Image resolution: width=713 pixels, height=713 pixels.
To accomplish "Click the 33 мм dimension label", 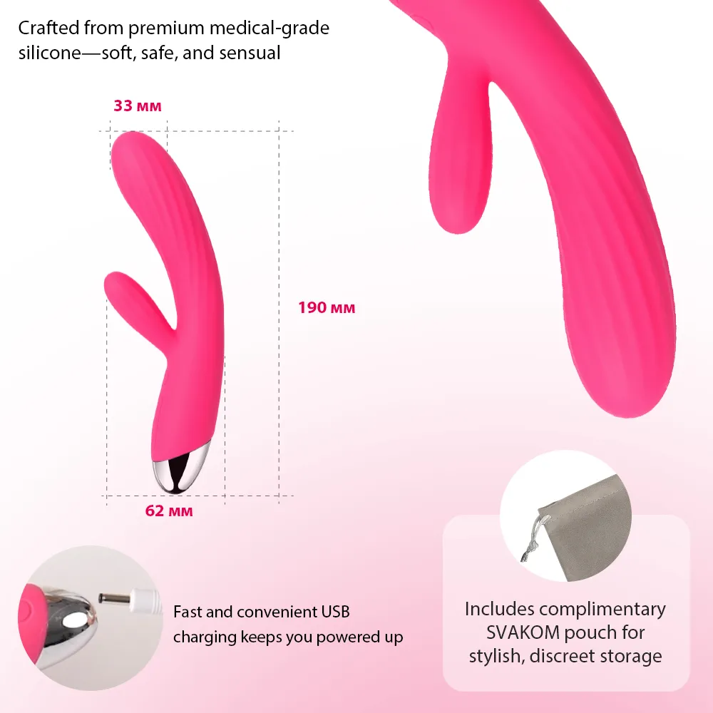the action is [x=138, y=106].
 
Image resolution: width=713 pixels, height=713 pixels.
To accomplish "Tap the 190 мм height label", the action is [x=327, y=308].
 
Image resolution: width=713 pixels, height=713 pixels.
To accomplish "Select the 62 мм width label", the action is [x=169, y=511].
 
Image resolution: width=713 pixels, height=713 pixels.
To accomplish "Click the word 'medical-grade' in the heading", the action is [x=270, y=29].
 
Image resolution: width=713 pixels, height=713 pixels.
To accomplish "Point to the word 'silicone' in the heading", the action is [x=50, y=53].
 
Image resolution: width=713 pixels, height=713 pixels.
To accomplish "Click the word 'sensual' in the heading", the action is [x=250, y=53].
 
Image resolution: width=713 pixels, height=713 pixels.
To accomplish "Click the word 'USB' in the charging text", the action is [x=335, y=612].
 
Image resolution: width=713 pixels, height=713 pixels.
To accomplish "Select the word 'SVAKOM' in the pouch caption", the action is [x=523, y=632].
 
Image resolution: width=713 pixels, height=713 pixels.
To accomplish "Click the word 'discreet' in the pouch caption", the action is [x=563, y=656].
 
